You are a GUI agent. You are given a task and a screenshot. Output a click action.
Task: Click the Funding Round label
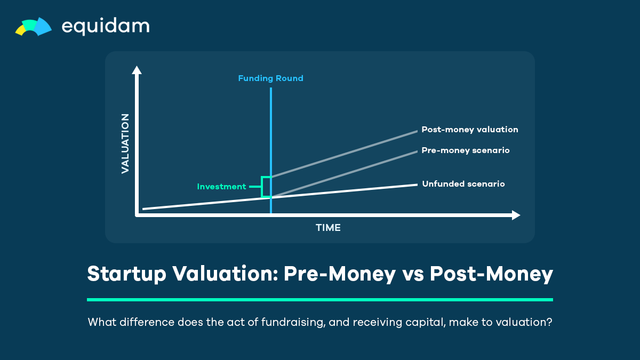point(270,78)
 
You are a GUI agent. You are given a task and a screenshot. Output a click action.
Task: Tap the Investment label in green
point(221,187)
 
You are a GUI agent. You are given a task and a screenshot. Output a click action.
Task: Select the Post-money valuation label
point(470,130)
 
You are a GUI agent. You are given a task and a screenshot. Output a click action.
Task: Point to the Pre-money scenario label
point(466,150)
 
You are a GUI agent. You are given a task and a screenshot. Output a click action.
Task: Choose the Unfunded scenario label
point(463,183)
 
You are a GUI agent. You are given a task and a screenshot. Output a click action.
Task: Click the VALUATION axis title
point(125,143)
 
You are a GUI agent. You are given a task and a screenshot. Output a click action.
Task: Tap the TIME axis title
point(328,228)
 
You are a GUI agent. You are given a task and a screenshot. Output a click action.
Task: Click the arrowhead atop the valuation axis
point(137,70)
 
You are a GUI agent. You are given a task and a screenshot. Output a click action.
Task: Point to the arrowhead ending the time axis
point(516,215)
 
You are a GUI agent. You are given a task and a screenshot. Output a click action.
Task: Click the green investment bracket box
point(261,187)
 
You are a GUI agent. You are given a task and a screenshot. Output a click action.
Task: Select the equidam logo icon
point(34,27)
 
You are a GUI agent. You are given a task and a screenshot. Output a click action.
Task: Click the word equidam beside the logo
point(106,27)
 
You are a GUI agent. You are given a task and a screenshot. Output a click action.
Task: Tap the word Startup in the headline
point(126,274)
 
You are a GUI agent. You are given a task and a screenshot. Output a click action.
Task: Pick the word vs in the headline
point(413,275)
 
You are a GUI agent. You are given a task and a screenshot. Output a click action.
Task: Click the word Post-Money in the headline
point(491,274)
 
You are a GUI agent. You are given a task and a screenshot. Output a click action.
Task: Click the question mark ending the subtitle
point(549,322)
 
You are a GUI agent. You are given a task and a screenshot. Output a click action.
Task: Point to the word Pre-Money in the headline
point(339,274)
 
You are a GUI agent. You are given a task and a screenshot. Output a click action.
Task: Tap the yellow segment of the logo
point(20,30)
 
